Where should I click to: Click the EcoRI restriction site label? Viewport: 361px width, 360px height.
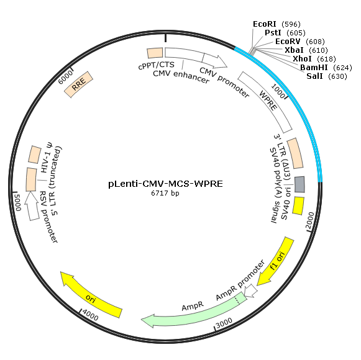pyautogui.click(x=276, y=24)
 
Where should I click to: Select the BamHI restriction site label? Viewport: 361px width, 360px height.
pyautogui.click(x=326, y=68)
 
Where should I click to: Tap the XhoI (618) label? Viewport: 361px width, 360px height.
pyautogui.click(x=314, y=59)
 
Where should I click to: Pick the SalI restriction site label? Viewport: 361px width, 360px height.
pyautogui.click(x=326, y=76)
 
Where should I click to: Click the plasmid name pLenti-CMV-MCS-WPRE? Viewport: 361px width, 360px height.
pyautogui.click(x=165, y=184)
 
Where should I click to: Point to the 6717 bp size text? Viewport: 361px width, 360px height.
pyautogui.click(x=165, y=193)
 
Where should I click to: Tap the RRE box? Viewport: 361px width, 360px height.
pyautogui.click(x=78, y=84)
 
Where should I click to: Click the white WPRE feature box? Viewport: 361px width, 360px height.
pyautogui.click(x=265, y=102)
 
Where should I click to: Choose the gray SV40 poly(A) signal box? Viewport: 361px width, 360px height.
pyautogui.click(x=299, y=184)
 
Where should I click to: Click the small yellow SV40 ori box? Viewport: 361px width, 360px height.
pyautogui.click(x=298, y=206)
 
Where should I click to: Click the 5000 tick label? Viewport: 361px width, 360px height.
pyautogui.click(x=17, y=202)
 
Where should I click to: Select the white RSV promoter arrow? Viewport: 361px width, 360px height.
pyautogui.click(x=32, y=205)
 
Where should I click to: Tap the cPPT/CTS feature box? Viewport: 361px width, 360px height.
pyautogui.click(x=155, y=53)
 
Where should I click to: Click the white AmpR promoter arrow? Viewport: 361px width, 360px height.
pyautogui.click(x=251, y=290)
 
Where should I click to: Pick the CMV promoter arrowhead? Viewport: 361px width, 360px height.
pyautogui.click(x=219, y=62)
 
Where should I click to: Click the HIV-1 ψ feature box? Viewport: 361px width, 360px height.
pyautogui.click(x=35, y=155)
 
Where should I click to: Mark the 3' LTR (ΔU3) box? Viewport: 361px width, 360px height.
pyautogui.click(x=295, y=153)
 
